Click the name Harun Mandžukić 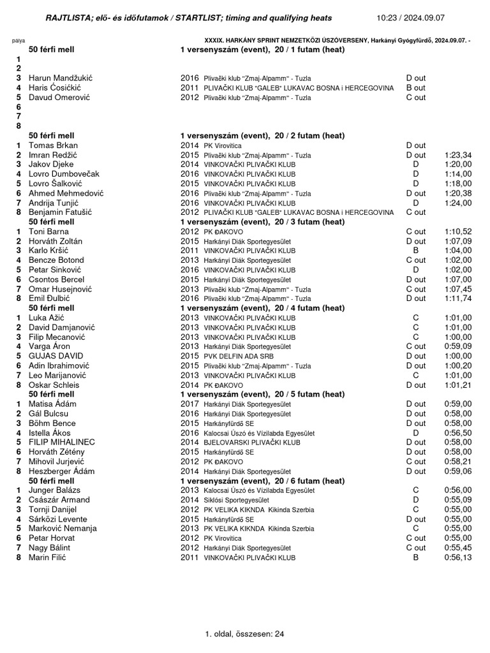click(x=60, y=78)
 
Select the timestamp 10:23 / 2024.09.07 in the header click(x=429, y=17)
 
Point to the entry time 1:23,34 click(x=457, y=155)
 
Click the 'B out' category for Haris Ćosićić click(x=415, y=87)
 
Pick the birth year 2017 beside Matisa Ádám click(x=189, y=404)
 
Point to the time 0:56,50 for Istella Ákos click(x=457, y=432)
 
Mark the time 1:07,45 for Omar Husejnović click(x=457, y=289)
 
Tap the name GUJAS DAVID click(x=56, y=356)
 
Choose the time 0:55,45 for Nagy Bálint click(x=457, y=548)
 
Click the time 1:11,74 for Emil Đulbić click(x=457, y=298)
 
